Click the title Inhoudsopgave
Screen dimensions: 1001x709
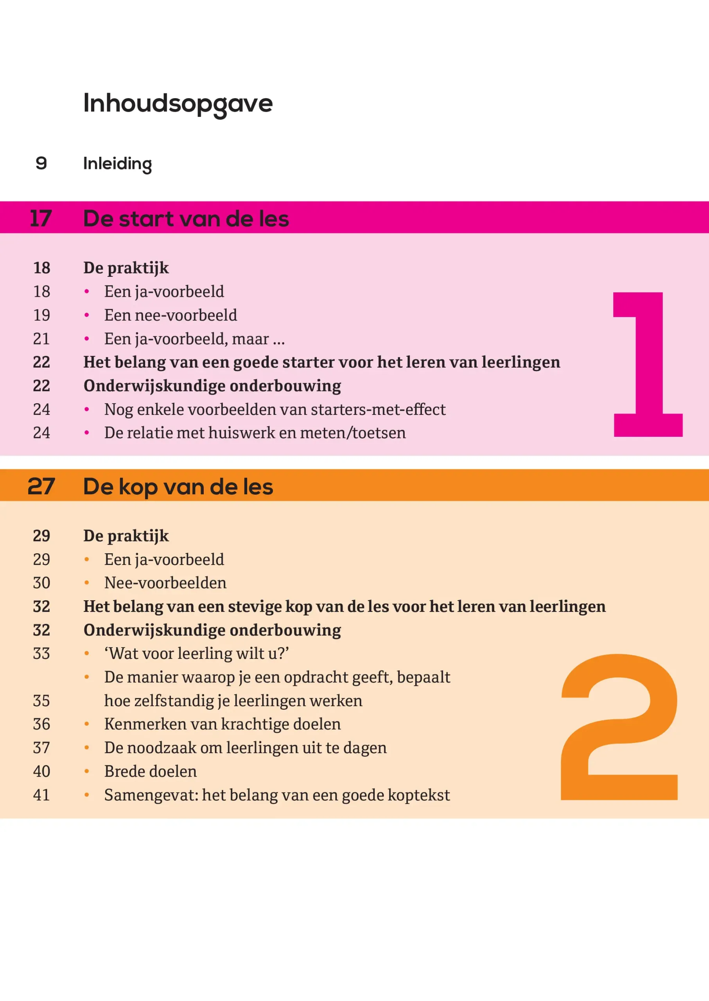[x=178, y=104]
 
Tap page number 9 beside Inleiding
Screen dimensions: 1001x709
[x=41, y=163]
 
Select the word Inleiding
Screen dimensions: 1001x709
[x=117, y=164]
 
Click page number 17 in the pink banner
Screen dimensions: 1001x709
[x=41, y=218]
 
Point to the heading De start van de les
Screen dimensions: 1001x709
[x=186, y=219]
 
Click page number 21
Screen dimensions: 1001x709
[x=41, y=339]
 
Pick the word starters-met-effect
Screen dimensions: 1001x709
[x=378, y=409]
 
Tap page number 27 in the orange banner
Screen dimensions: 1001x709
[x=41, y=486]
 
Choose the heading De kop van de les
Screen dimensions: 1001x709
[x=178, y=487]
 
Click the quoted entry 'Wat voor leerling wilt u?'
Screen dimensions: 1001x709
[x=196, y=653]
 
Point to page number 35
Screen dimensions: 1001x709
[x=41, y=701]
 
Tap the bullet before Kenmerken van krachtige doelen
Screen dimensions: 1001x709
[x=87, y=724]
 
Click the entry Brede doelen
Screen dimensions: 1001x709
[x=150, y=771]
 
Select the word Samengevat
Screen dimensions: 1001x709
[x=151, y=795]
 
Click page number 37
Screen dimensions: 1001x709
[x=41, y=748]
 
